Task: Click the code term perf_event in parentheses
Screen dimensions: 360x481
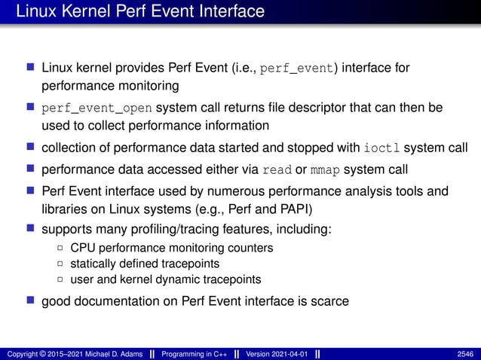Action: [x=295, y=69]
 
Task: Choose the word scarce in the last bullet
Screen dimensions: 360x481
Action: [x=324, y=301]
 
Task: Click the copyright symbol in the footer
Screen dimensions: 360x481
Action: [x=46, y=353]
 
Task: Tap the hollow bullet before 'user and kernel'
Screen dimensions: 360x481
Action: [x=60, y=279]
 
